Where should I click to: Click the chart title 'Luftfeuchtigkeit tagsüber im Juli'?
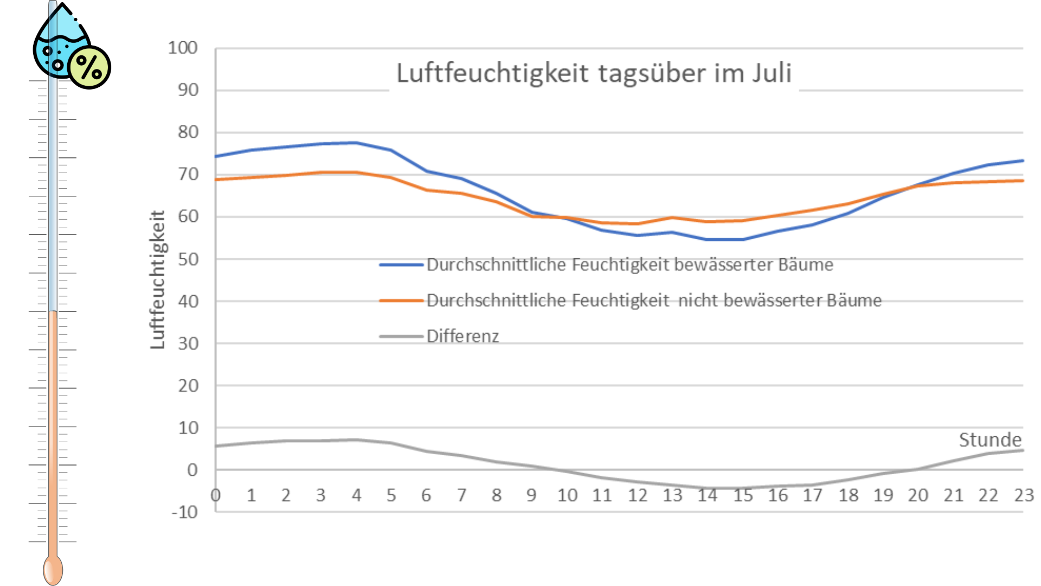594,73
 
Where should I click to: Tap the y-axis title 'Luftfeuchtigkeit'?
157,279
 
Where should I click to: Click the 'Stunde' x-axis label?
989,439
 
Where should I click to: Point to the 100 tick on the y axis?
183,48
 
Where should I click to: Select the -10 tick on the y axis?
185,512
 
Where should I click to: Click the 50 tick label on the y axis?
188,259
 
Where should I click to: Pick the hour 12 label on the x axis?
637,495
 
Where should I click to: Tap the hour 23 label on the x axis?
1024,495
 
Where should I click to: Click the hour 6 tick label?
426,495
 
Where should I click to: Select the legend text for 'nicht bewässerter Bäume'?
654,300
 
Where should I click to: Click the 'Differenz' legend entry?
462,336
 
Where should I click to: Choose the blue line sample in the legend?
401,265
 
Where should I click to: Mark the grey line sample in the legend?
401,336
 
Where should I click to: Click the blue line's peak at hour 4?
356,143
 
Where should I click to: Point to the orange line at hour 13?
672,218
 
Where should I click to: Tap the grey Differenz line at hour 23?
1022,450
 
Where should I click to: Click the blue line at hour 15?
743,239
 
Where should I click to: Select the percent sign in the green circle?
89,67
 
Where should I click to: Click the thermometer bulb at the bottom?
53,570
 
